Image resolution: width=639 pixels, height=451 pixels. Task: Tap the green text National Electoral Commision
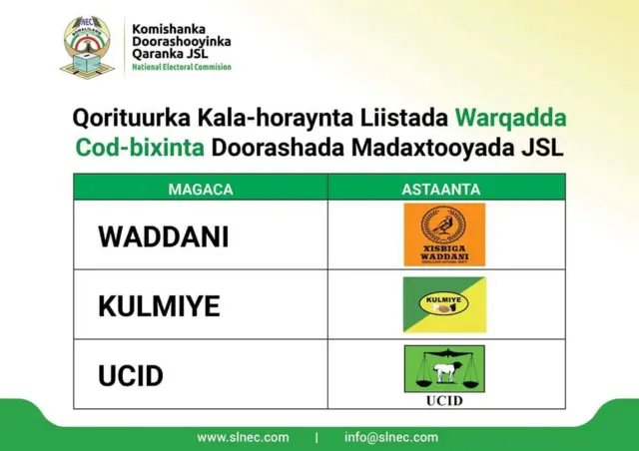coord(182,67)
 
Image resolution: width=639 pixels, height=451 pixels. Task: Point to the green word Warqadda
coord(510,117)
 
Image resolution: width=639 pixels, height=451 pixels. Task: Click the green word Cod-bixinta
coord(140,148)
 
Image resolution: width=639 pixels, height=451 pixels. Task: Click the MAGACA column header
coord(201,188)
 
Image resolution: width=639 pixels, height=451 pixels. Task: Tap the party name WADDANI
coord(163,236)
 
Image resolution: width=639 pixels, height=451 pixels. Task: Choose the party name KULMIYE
coord(159,306)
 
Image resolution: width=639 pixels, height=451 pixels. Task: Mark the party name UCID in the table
coord(130,376)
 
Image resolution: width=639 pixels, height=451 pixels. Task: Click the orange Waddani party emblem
coord(444,234)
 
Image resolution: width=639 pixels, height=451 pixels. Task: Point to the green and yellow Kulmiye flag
coord(444,304)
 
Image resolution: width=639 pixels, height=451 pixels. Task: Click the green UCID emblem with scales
coord(444,369)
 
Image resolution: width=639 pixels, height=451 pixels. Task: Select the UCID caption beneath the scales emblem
coord(444,401)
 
